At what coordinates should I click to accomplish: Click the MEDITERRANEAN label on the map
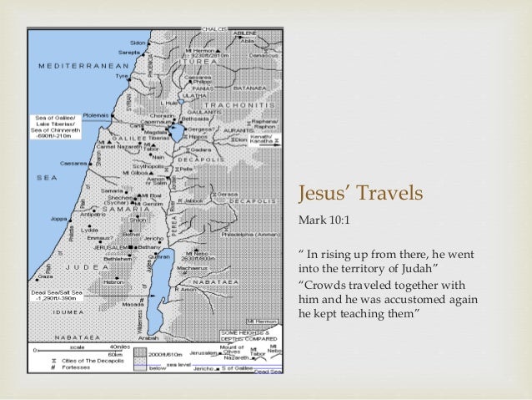point(73,64)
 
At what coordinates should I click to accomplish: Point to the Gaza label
point(46,275)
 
